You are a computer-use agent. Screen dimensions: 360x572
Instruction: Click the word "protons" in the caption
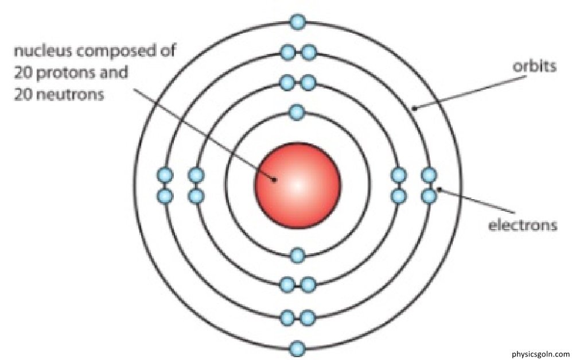pyautogui.click(x=61, y=73)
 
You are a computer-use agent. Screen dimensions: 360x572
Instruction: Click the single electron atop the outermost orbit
pyautogui.click(x=297, y=22)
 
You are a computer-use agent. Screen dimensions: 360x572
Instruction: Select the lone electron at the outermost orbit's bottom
pyautogui.click(x=297, y=349)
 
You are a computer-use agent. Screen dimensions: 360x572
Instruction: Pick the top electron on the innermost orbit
pyautogui.click(x=297, y=112)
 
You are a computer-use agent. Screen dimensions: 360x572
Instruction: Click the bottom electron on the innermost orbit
pyautogui.click(x=297, y=255)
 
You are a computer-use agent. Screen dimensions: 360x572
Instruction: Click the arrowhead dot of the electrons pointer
pyautogui.click(x=439, y=188)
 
